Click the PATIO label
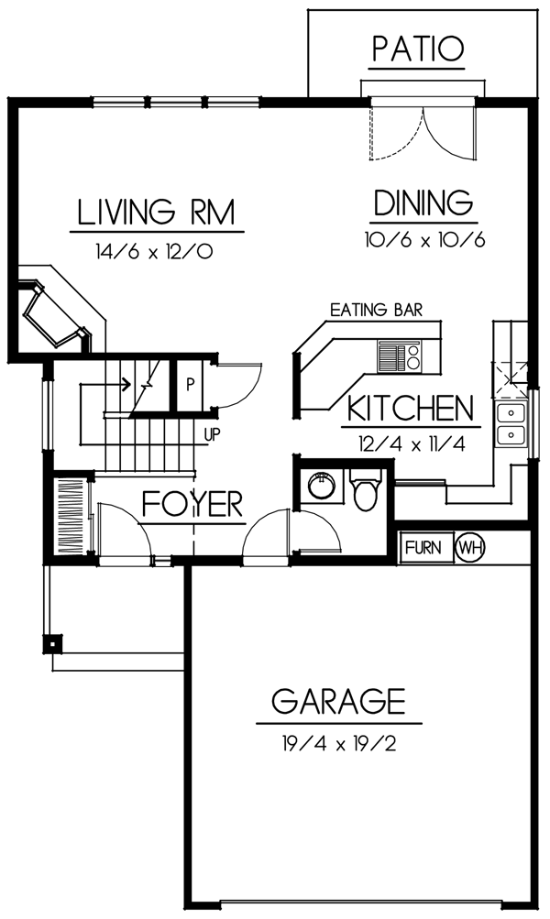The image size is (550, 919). point(418,49)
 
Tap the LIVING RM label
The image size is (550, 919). point(157,213)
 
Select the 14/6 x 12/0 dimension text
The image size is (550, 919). point(154,252)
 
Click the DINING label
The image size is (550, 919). point(423,202)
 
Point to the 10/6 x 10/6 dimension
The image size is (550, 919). point(424,240)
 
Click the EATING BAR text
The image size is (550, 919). point(376,310)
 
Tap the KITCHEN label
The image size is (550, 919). point(411,409)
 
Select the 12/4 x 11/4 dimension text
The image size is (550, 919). point(412,444)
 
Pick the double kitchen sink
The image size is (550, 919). point(511,424)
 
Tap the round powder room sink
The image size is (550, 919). point(321,485)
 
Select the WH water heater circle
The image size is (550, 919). point(469,547)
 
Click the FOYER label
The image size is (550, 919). point(192,503)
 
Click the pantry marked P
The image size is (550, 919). point(190,385)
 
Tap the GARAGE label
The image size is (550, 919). point(339,700)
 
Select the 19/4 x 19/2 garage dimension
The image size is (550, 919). point(339,744)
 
